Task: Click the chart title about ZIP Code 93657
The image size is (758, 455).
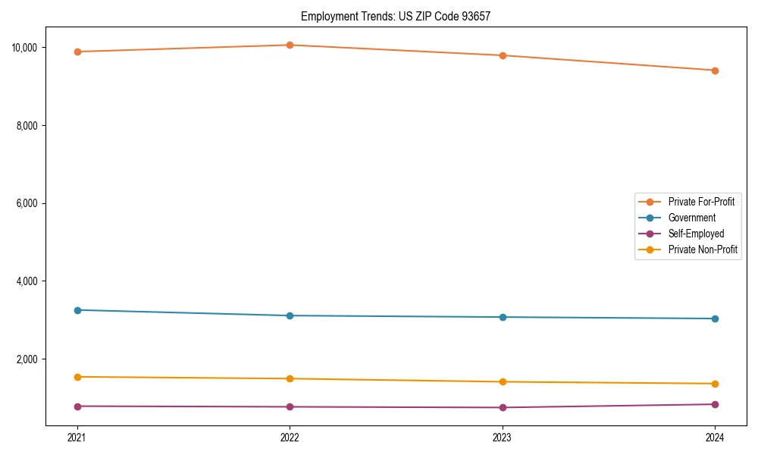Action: (x=396, y=16)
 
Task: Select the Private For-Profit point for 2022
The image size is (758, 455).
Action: (x=290, y=45)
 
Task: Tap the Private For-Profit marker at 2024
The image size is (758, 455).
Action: (x=715, y=71)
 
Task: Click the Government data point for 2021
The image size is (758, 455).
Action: (x=77, y=310)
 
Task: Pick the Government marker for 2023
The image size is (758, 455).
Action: (x=503, y=317)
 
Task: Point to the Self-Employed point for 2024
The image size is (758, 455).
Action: (x=715, y=404)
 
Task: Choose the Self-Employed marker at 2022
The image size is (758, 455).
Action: (x=290, y=407)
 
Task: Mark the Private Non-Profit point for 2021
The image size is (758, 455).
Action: (x=77, y=377)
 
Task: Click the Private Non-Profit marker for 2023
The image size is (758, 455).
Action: (x=503, y=382)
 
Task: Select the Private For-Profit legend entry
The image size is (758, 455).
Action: (x=700, y=202)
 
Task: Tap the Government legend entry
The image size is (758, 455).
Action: (x=691, y=218)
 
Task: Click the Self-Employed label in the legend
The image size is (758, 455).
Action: (x=696, y=234)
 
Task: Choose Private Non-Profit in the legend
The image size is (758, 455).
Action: (x=703, y=249)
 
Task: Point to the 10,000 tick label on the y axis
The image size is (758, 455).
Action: (x=25, y=48)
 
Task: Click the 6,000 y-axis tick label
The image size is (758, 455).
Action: (x=27, y=203)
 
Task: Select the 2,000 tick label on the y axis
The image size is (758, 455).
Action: (x=27, y=359)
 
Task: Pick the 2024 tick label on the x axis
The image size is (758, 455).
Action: (x=715, y=437)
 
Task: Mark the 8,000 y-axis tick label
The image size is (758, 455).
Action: (x=27, y=126)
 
